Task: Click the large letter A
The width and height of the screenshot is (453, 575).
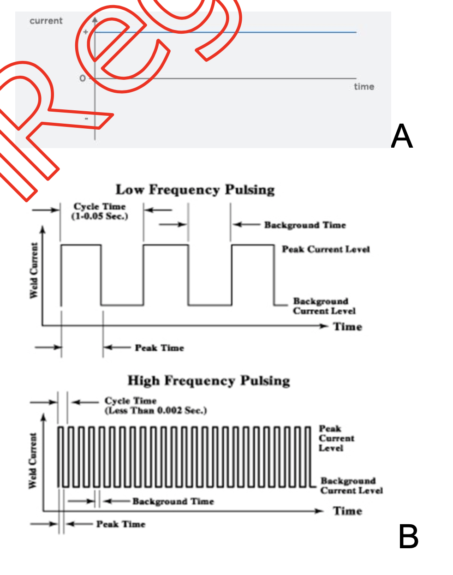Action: click(x=401, y=136)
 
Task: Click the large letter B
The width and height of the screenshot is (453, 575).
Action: click(x=408, y=537)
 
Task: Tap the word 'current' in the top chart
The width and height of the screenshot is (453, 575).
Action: click(x=46, y=21)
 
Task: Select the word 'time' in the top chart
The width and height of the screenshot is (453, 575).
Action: click(x=364, y=86)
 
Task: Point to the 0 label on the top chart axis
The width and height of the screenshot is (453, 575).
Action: click(x=83, y=78)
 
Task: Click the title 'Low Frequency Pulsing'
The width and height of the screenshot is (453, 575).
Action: click(x=195, y=190)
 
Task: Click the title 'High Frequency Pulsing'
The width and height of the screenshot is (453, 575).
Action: click(x=209, y=381)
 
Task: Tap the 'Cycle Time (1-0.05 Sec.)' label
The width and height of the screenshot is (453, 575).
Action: click(x=100, y=211)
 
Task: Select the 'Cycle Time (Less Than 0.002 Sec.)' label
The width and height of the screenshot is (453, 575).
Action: click(x=155, y=406)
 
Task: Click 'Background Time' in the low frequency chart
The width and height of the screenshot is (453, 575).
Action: click(x=304, y=225)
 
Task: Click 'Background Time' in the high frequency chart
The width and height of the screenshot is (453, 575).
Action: click(x=173, y=501)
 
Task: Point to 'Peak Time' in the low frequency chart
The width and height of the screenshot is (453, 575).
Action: click(x=159, y=348)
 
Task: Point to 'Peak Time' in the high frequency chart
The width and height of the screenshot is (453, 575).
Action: click(x=120, y=524)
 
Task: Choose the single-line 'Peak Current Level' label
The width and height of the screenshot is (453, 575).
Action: click(x=326, y=250)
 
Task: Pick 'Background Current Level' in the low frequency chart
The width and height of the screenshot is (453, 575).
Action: click(x=324, y=306)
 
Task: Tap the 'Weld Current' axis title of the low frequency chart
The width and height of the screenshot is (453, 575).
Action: click(x=34, y=270)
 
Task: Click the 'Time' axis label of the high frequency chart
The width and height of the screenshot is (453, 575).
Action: click(x=347, y=511)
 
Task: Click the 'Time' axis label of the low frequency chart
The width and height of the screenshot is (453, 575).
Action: click(x=347, y=327)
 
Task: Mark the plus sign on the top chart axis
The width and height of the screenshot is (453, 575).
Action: click(x=86, y=32)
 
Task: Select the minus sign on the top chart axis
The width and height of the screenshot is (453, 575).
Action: click(x=86, y=119)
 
